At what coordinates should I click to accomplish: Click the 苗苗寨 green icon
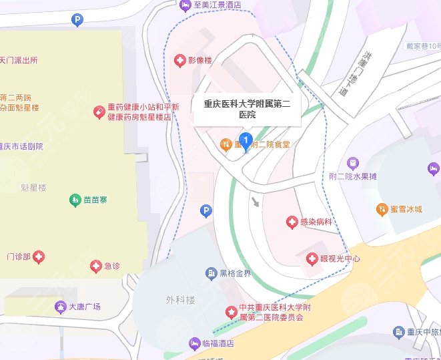click(75, 200)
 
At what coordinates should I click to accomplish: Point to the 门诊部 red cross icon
click(39, 256)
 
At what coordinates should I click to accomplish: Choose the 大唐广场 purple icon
click(59, 307)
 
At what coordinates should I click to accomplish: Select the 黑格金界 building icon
click(211, 273)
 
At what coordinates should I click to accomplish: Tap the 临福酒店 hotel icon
click(195, 343)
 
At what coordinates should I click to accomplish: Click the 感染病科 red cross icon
click(291, 222)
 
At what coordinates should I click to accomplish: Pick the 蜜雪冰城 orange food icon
click(381, 209)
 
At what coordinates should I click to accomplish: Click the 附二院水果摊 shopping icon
click(352, 163)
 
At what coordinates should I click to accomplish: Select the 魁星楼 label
click(33, 188)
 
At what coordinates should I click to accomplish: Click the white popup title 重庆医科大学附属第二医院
click(246, 110)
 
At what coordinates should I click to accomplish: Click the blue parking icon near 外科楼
click(206, 212)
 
